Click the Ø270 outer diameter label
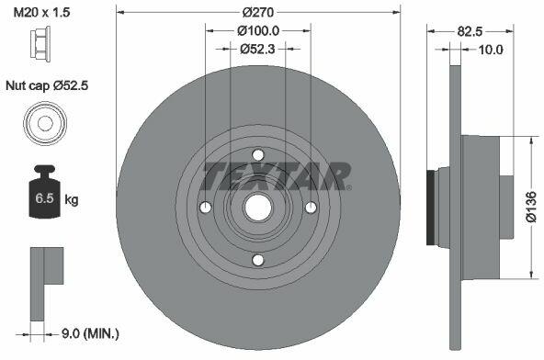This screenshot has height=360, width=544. coord(258,13)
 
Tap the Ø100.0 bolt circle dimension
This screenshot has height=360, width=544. coord(258,31)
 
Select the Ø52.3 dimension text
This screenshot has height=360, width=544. coord(257,49)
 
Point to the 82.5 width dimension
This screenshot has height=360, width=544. coord(470,31)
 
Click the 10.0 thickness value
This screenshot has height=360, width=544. coord(491,50)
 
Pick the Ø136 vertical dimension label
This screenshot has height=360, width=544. coord(531,206)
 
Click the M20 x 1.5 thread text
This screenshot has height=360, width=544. coord(41,13)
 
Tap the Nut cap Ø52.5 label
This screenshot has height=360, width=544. coord(47,85)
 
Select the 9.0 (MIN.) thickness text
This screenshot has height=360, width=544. coord(90,334)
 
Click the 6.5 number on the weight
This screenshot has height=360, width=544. coord(45,198)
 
